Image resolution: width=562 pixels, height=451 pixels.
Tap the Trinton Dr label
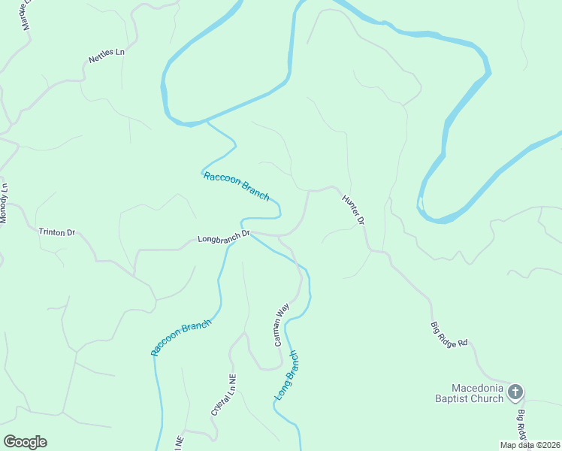[x=57, y=232]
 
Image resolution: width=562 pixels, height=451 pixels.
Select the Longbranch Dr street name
[x=223, y=238]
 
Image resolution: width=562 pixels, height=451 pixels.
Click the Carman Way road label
[x=281, y=325]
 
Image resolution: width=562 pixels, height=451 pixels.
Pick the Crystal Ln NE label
[x=223, y=396]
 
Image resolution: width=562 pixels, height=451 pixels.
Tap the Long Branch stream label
[x=286, y=376]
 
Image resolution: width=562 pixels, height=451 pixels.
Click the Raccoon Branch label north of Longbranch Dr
[x=236, y=186]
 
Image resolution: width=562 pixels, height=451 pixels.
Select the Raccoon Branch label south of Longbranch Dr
[x=181, y=337]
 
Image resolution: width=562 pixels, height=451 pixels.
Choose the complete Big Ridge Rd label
[x=449, y=333]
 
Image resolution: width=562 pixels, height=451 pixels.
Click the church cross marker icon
[x=515, y=391]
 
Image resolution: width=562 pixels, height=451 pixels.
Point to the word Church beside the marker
[x=488, y=398]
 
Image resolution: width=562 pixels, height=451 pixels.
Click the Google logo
[x=25, y=442]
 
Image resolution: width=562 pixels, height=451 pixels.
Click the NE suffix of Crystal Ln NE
[x=232, y=380]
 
